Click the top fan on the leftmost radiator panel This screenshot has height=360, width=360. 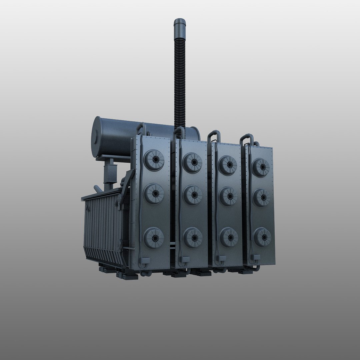point(154,160)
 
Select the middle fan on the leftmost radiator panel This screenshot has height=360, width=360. point(154,194)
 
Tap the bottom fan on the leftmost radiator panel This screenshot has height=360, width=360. point(154,237)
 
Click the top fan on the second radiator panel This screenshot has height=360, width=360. point(193,162)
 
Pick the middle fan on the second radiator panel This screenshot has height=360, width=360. point(193,195)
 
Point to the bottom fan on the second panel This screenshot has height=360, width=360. point(193,237)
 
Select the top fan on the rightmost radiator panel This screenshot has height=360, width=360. point(261,167)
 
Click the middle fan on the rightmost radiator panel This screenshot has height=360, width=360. point(262,197)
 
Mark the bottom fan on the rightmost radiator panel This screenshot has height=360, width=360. point(262,237)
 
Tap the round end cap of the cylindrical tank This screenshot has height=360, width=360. point(97,137)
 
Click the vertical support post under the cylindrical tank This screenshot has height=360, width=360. point(109,175)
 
